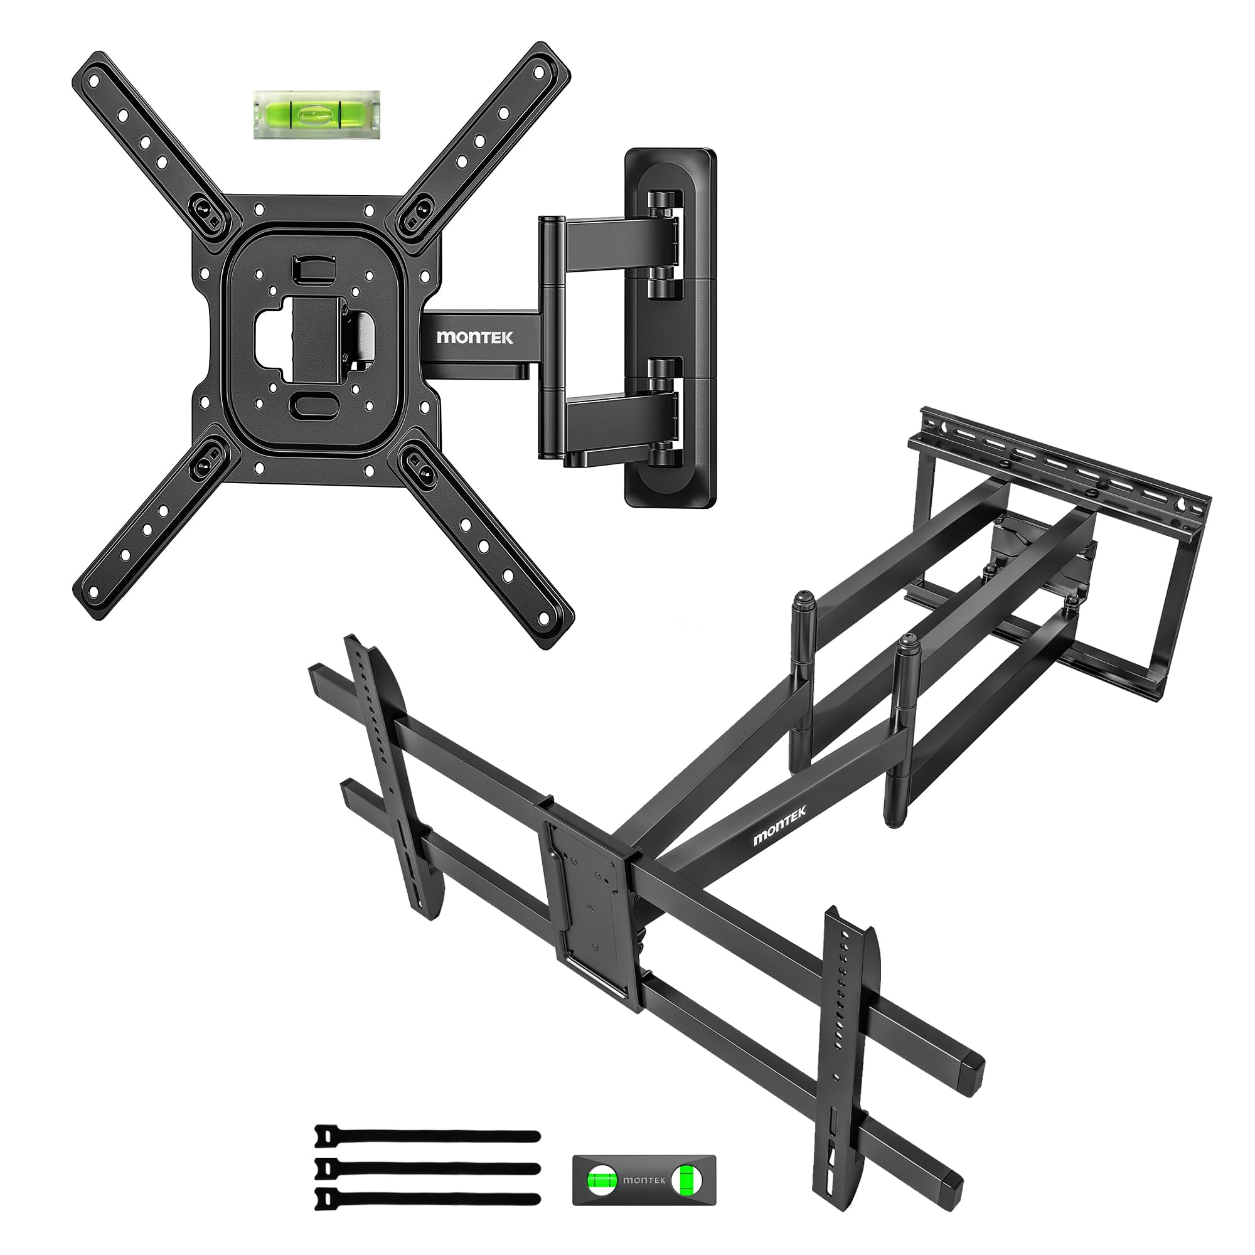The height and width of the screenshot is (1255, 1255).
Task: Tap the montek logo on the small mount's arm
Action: (x=475, y=336)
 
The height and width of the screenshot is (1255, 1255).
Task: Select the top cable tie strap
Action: (x=427, y=1136)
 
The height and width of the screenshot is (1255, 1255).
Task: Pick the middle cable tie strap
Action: (x=427, y=1168)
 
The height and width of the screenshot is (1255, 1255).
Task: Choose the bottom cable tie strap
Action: (x=427, y=1199)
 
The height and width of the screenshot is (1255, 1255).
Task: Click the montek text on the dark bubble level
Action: (x=643, y=1180)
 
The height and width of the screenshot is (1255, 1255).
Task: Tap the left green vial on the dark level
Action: (x=602, y=1180)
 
